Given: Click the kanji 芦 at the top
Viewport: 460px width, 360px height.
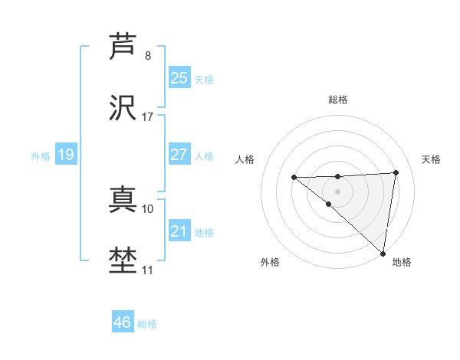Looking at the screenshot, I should coord(123,45).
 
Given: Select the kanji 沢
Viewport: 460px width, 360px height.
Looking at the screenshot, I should coord(123,107).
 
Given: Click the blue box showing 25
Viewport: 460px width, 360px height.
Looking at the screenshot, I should coord(179,78).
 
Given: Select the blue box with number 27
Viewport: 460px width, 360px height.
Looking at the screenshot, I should coord(179,155).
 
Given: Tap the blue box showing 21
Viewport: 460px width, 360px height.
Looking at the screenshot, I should coord(179,231).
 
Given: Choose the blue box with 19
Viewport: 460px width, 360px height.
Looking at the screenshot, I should coord(65,155).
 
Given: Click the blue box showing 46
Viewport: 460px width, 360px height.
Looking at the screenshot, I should coord(122,322).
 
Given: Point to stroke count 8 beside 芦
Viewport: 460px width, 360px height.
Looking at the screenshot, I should coord(148,56).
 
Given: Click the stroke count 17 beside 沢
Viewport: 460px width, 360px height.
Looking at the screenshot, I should coord(148,117).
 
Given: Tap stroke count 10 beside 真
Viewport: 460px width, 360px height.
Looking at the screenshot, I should coord(148,208).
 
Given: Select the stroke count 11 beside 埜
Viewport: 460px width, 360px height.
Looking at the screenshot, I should coord(148,270).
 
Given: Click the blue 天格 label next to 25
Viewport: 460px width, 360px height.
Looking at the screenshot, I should coord(204,80).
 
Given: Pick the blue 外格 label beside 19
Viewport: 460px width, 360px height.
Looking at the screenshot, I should coord(41,156).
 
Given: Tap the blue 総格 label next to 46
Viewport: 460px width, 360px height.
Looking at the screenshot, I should coord(147,324).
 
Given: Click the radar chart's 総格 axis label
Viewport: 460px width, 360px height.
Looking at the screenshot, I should coord(338,100).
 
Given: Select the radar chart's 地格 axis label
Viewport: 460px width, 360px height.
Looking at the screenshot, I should coord(402,262).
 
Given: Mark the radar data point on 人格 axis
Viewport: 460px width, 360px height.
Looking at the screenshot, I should coord(294,178).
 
